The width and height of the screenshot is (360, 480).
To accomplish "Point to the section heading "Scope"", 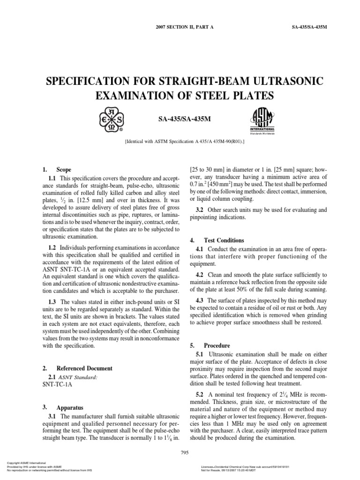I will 64,169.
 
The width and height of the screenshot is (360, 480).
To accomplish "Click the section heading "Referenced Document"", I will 84,368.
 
